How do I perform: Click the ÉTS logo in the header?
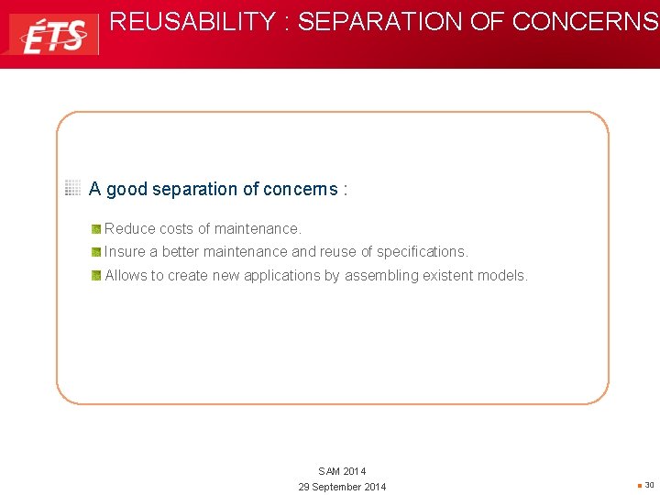pyautogui.click(x=53, y=34)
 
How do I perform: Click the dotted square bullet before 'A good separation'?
pyautogui.click(x=73, y=189)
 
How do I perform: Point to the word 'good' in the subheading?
pyautogui.click(x=126, y=190)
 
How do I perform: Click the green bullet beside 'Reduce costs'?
pyautogui.click(x=96, y=229)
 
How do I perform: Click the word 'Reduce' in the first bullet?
pyautogui.click(x=130, y=228)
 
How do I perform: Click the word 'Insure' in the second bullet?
pyautogui.click(x=125, y=251)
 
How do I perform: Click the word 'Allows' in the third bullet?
pyautogui.click(x=126, y=275)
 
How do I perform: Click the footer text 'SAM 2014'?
pyautogui.click(x=342, y=471)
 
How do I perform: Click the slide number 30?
pyautogui.click(x=649, y=485)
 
